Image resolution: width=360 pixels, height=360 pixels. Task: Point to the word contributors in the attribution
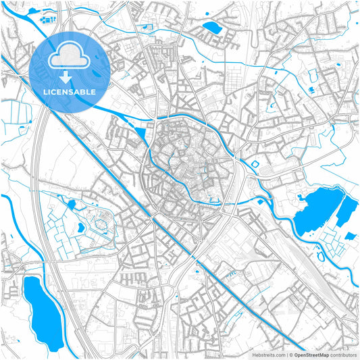pos(342,354)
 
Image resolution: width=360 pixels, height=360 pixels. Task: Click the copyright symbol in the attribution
pos(290,354)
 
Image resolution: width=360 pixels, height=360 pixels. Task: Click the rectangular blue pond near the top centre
pos(212,28)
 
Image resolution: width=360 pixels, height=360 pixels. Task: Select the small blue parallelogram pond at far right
pos(350,236)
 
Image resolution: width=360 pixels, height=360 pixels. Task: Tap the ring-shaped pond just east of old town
pos(255,163)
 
